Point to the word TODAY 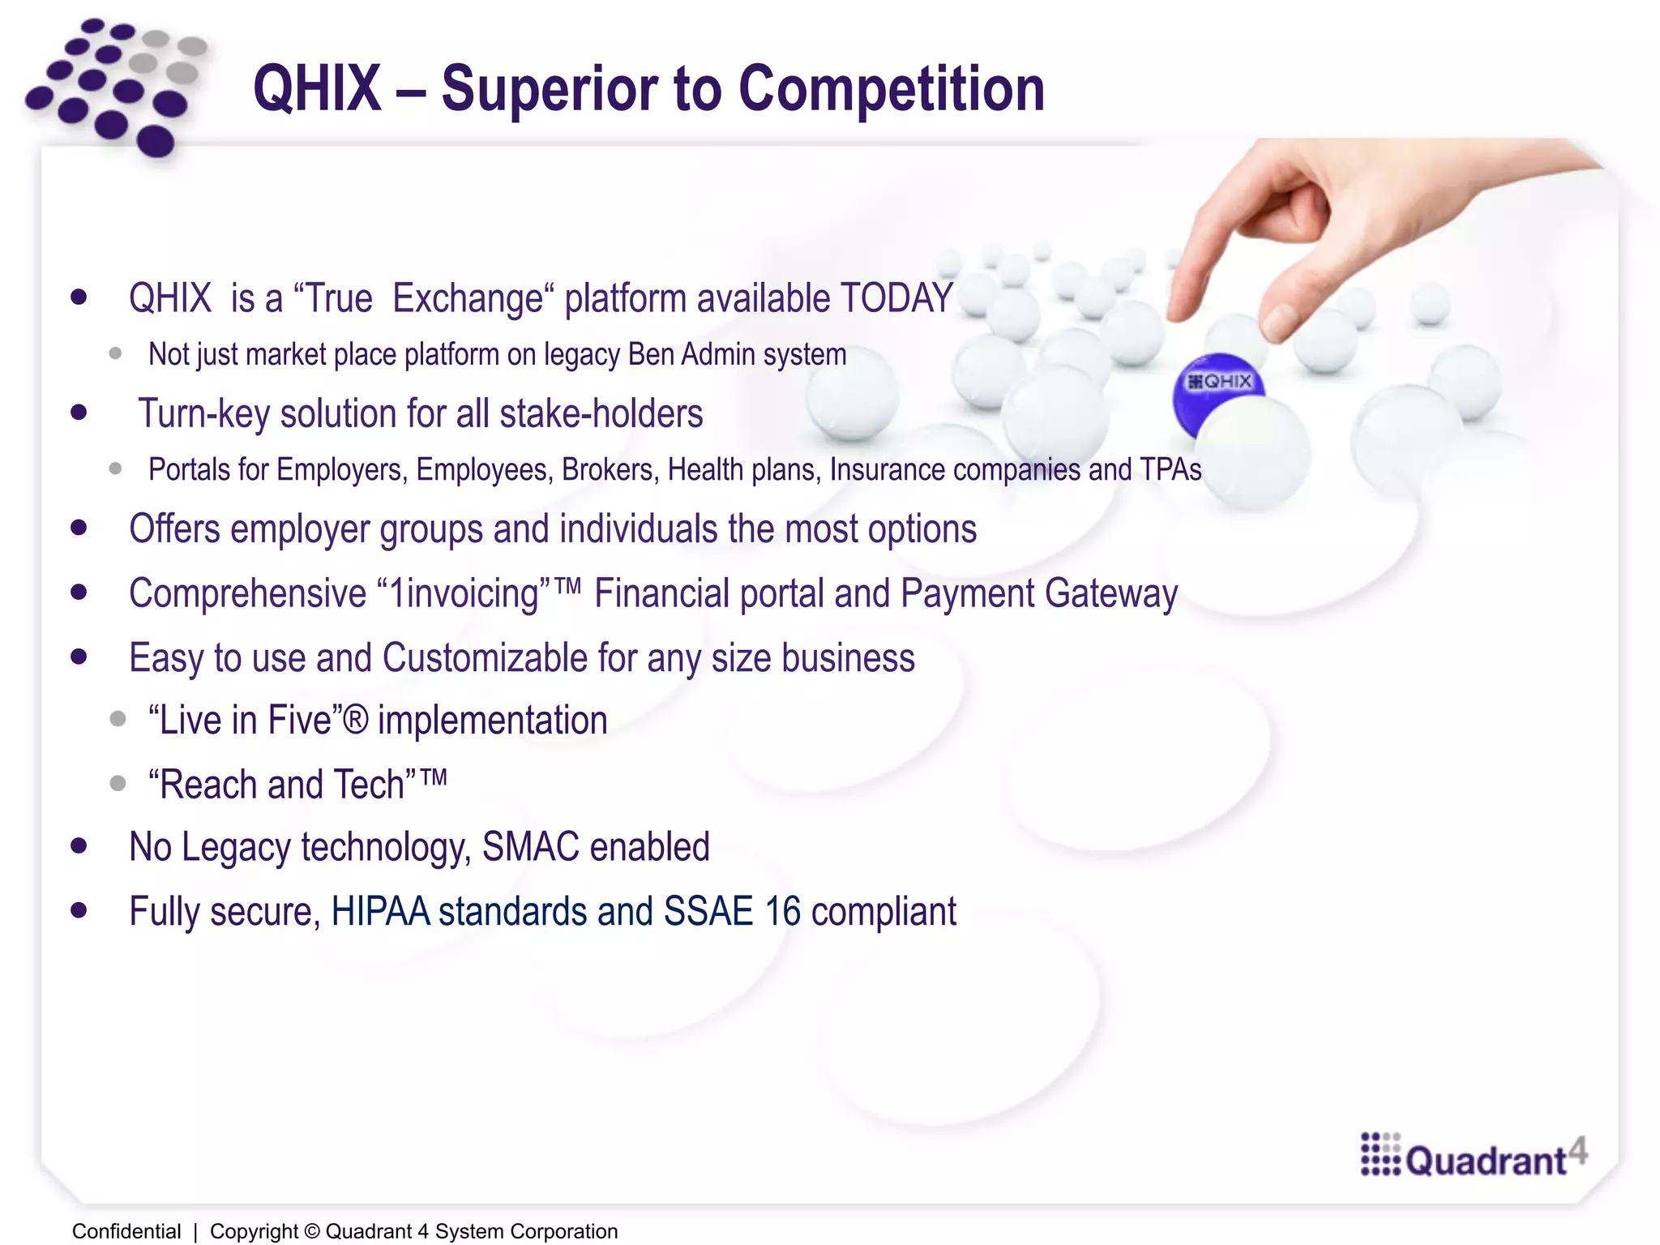point(896,298)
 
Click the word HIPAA point(380,911)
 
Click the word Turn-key point(203,413)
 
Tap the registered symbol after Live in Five point(354,720)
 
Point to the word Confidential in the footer point(126,1231)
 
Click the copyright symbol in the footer point(311,1231)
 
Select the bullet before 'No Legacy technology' point(79,846)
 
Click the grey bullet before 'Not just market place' point(115,353)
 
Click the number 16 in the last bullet point(783,911)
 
